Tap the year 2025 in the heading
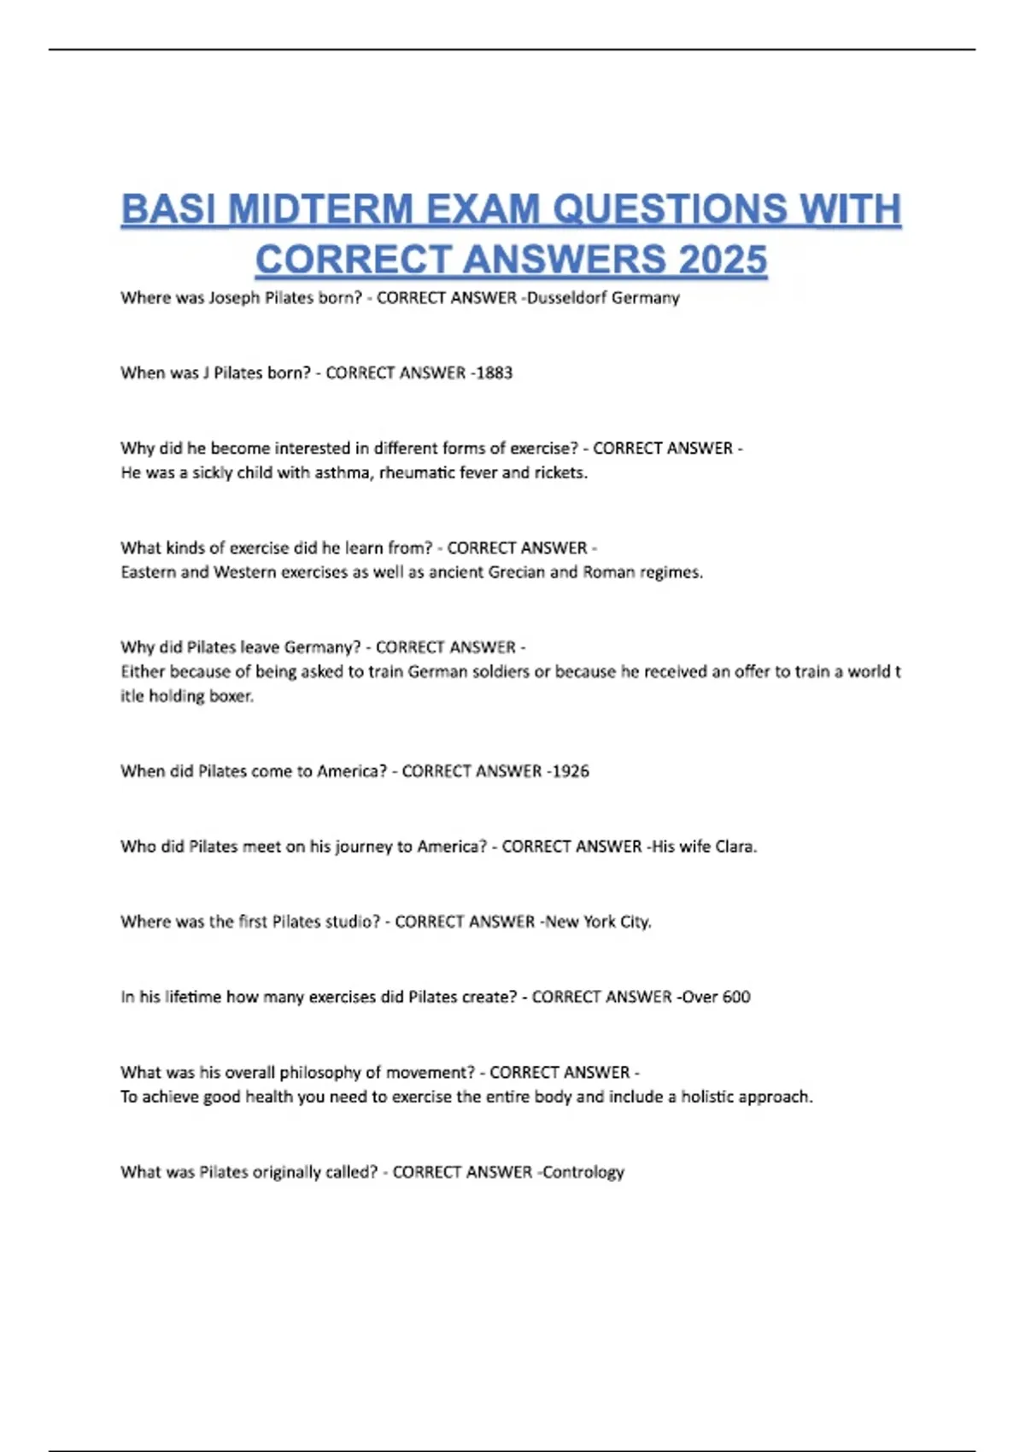click(x=723, y=260)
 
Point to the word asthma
click(x=342, y=473)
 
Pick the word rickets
click(x=560, y=473)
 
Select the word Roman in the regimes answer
click(x=606, y=572)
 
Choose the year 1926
click(x=570, y=771)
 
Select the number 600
click(x=736, y=997)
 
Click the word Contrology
click(x=583, y=1172)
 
